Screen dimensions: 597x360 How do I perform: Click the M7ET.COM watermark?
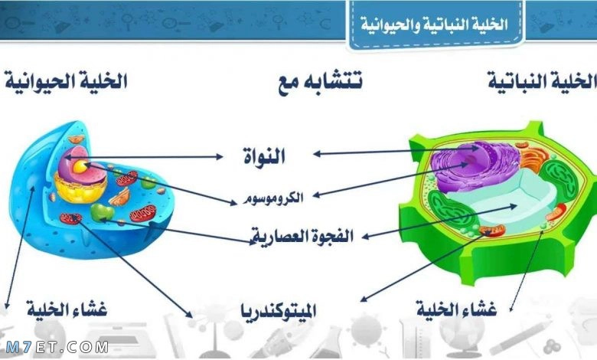[x=57, y=347]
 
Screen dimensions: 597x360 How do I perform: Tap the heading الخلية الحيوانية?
[x=66, y=81]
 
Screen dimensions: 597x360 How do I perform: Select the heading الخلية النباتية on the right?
[x=542, y=81]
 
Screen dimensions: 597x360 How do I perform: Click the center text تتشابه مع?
[x=320, y=81]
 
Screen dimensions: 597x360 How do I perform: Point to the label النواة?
[x=264, y=155]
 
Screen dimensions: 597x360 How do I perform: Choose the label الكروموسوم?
[x=273, y=198]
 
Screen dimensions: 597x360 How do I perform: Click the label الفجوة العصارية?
[x=302, y=236]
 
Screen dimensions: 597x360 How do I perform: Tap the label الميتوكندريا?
[x=279, y=311]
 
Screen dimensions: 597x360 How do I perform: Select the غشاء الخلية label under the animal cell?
[x=67, y=309]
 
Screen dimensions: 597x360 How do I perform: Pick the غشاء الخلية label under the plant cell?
[x=456, y=309]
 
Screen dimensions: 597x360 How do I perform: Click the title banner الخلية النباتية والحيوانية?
[x=435, y=25]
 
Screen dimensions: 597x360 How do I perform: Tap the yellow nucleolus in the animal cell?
[x=80, y=166]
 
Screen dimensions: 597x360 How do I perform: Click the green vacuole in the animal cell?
[x=102, y=212]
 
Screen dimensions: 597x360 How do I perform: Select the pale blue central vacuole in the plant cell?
[x=499, y=198]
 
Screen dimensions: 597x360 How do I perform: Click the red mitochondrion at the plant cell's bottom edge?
[x=492, y=230]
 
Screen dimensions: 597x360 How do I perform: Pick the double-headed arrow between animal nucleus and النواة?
[x=143, y=157]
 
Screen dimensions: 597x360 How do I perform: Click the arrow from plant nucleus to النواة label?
[x=395, y=152]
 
